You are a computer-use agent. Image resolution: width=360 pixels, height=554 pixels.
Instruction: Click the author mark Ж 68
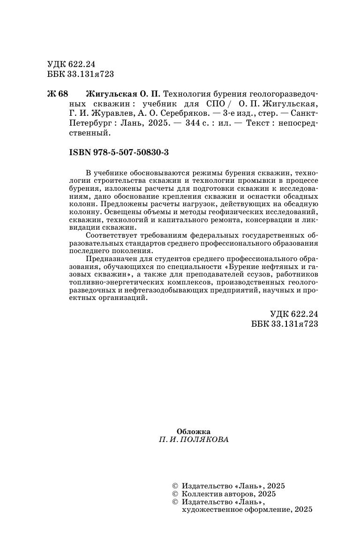[x=58, y=94]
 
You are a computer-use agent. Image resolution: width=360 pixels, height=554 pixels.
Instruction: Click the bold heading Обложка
[x=193, y=432]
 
